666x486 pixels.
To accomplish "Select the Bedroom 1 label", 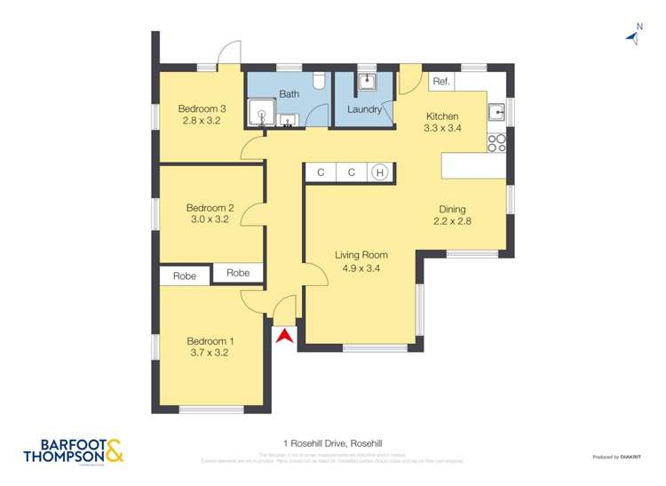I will pos(210,340).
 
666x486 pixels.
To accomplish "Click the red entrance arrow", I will pos(284,336).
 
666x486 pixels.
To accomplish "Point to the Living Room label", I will pos(361,255).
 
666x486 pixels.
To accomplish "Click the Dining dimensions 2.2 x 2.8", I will pos(451,222).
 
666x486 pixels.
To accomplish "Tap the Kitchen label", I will pos(442,116).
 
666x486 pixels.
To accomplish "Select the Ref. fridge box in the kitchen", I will pos(441,82).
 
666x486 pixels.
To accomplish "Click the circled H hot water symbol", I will pos(380,172).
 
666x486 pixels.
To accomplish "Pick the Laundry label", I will pos(364,110).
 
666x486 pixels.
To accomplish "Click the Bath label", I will pos(289,93).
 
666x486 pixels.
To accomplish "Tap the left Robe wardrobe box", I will pos(185,275).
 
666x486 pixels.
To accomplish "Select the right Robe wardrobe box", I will pos(238,273).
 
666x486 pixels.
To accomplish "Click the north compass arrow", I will pos(634,36).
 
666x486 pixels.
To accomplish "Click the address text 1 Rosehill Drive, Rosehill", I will pos(333,441).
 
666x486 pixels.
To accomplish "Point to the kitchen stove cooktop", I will pos(496,140).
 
